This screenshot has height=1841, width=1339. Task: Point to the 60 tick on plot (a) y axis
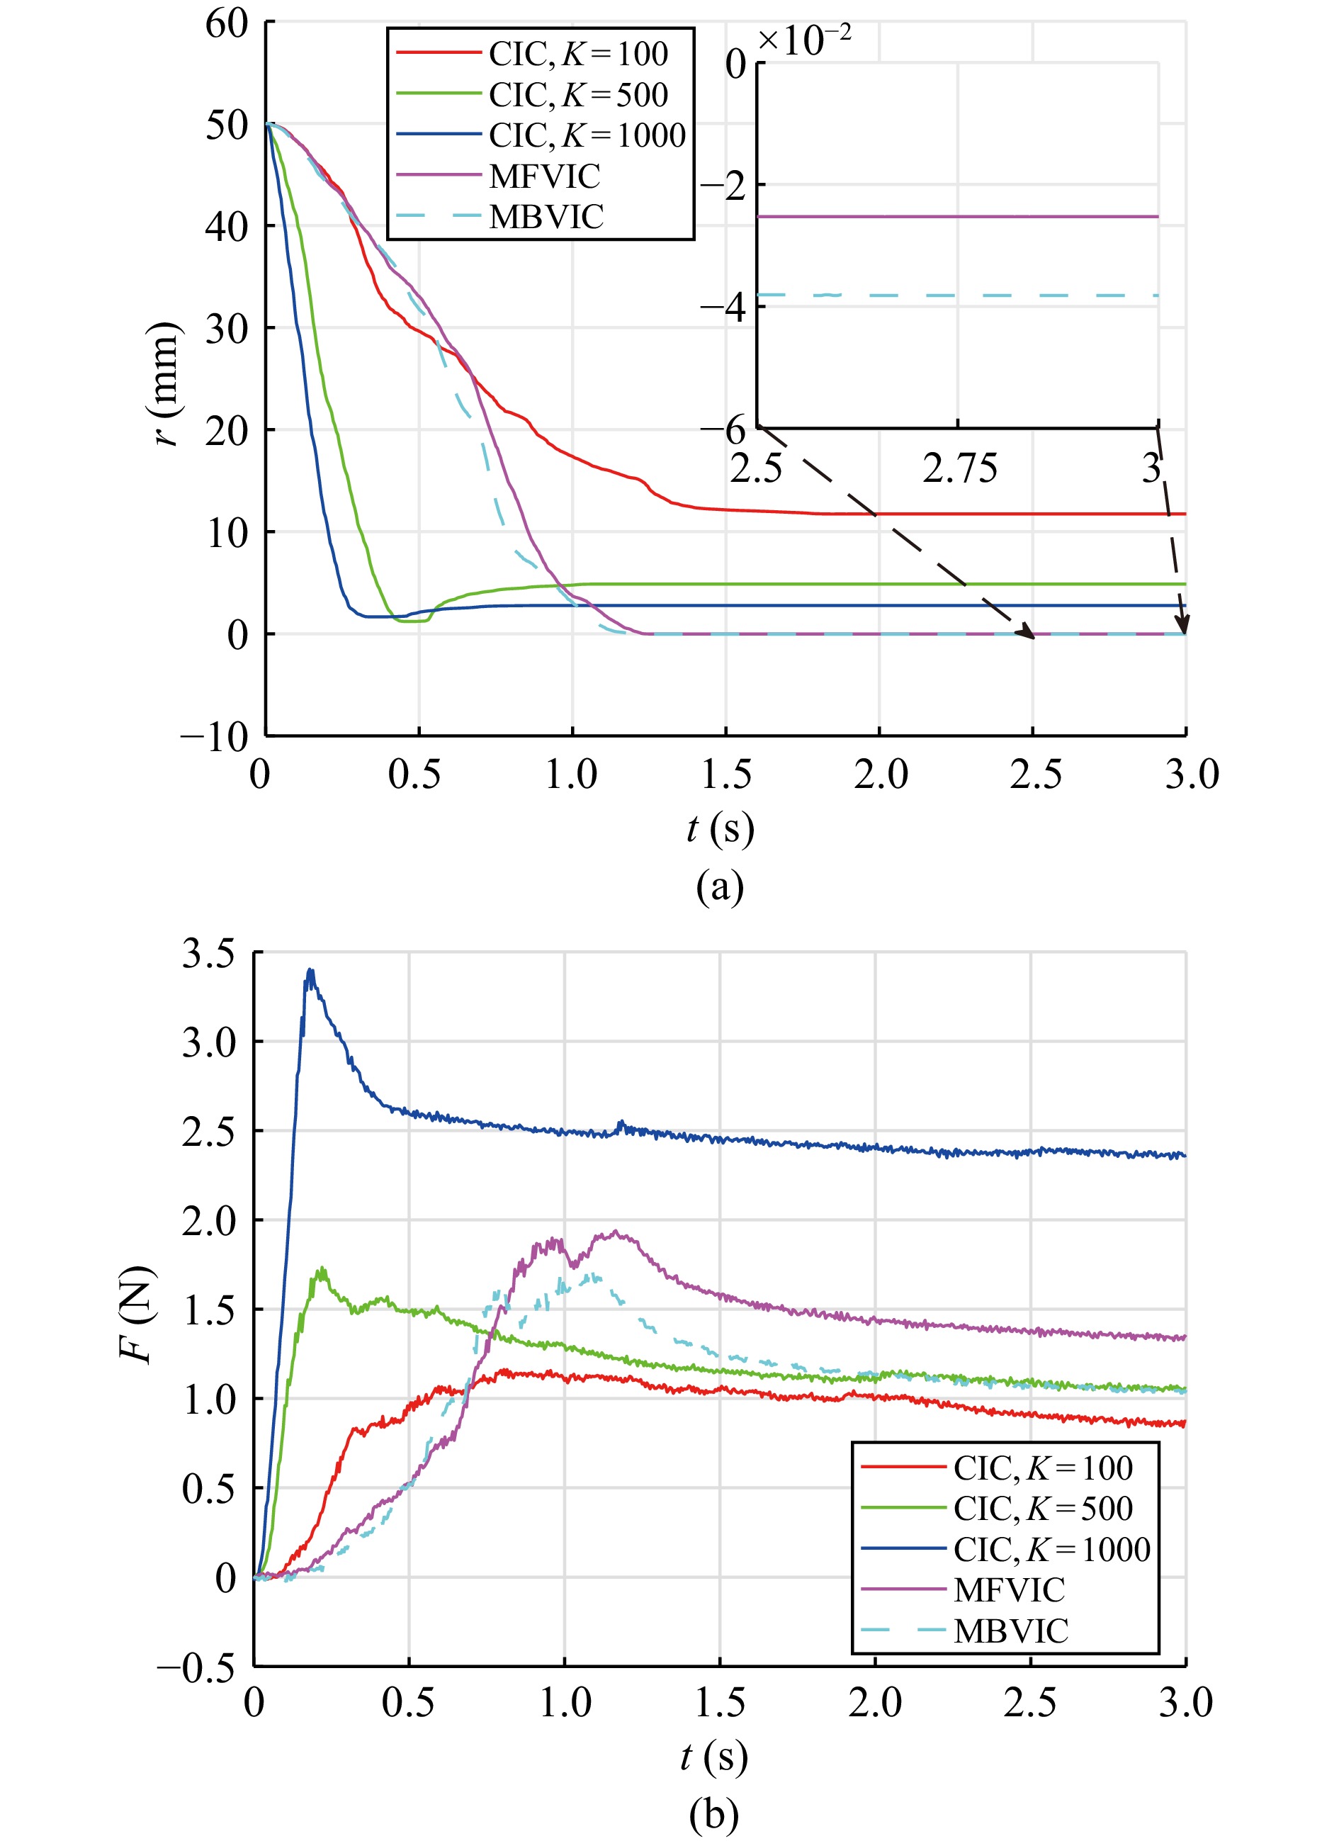click(x=227, y=23)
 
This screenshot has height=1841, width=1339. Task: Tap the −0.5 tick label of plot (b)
click(x=197, y=1669)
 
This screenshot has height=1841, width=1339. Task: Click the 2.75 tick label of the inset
click(x=959, y=468)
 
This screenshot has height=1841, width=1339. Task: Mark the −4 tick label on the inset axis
click(x=724, y=308)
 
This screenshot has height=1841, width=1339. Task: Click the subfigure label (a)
click(x=720, y=886)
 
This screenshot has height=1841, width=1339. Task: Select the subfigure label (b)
click(x=713, y=1815)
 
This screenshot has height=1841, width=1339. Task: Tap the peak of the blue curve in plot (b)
click(x=309, y=971)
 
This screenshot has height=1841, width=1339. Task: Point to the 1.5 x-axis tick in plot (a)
click(x=725, y=775)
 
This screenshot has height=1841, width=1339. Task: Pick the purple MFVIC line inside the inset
click(x=958, y=217)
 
